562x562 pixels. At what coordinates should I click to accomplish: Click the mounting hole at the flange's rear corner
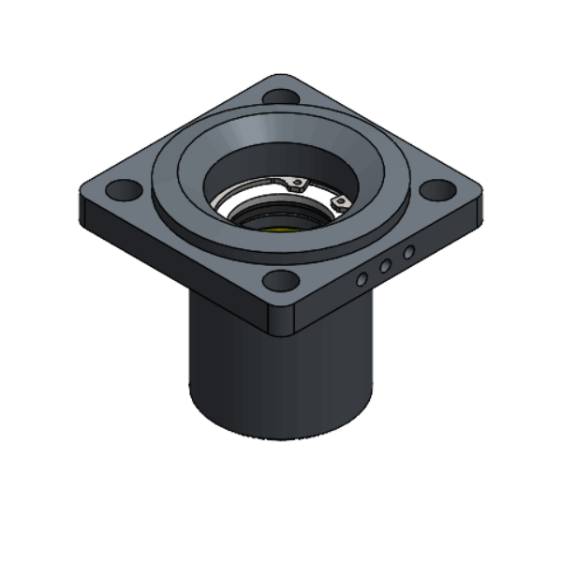click(x=278, y=96)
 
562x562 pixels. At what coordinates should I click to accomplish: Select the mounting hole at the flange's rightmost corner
click(x=436, y=189)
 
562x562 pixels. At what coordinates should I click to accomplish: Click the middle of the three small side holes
click(x=385, y=266)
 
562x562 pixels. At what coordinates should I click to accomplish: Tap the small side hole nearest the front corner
click(x=362, y=279)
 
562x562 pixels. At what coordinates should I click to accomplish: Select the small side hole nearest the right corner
click(x=408, y=252)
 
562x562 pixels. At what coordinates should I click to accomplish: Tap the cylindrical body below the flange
click(x=281, y=375)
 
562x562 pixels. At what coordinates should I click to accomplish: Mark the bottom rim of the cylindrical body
click(x=281, y=436)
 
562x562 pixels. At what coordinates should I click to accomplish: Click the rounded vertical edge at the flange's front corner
click(x=281, y=318)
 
